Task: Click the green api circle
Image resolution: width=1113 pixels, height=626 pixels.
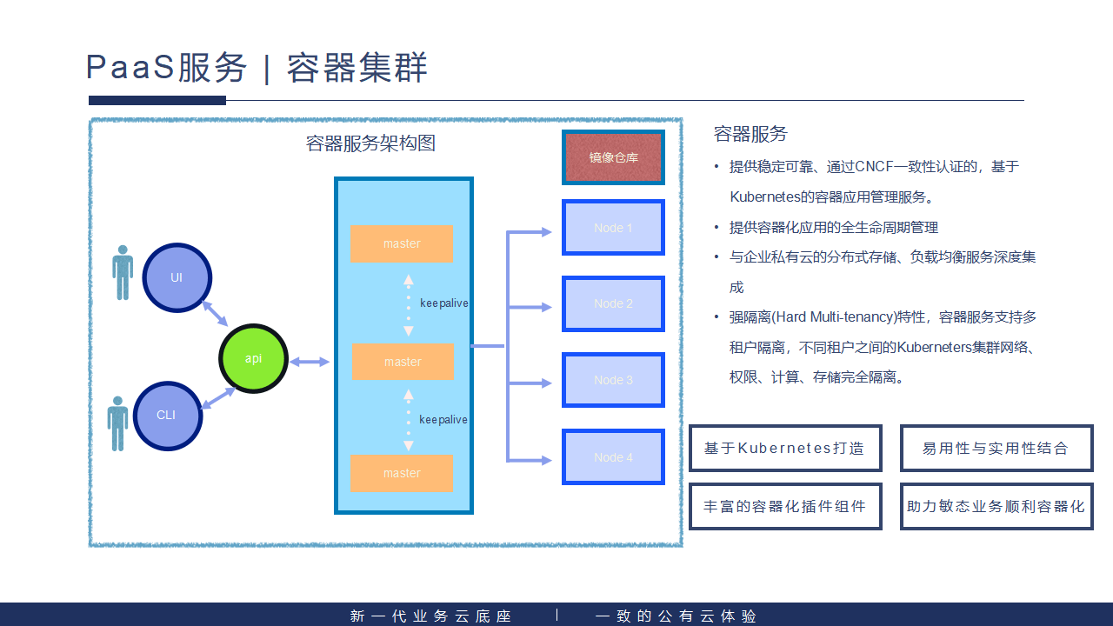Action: point(253,358)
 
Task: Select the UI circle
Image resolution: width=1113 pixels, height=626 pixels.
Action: point(177,277)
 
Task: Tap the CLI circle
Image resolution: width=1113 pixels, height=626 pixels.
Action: point(167,416)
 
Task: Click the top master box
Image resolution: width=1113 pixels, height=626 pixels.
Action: point(402,243)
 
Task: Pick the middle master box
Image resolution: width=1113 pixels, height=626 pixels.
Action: point(403,362)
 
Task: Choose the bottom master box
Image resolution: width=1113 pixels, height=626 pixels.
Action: point(402,473)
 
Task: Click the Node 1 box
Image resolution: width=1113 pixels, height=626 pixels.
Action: point(613,228)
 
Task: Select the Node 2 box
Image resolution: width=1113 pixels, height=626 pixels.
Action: point(613,303)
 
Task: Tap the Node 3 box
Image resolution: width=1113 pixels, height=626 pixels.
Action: point(613,380)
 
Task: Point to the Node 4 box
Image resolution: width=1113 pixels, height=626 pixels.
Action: point(613,457)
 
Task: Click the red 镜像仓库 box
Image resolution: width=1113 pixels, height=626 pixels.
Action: point(613,157)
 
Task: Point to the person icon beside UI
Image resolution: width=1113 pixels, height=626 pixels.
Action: point(123,272)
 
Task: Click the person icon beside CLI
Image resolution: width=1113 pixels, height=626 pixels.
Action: point(117,423)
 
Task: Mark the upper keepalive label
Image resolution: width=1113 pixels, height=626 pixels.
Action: point(443,303)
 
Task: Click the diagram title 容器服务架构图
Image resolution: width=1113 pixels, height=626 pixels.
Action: point(371,143)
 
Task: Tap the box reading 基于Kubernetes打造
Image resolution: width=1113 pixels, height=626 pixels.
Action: point(785,449)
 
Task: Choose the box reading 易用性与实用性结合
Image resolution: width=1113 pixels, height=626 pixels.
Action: point(996,449)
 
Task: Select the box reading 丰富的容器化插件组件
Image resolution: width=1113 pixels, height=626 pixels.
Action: point(785,506)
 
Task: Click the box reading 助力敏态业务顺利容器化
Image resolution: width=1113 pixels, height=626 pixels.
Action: point(996,506)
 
